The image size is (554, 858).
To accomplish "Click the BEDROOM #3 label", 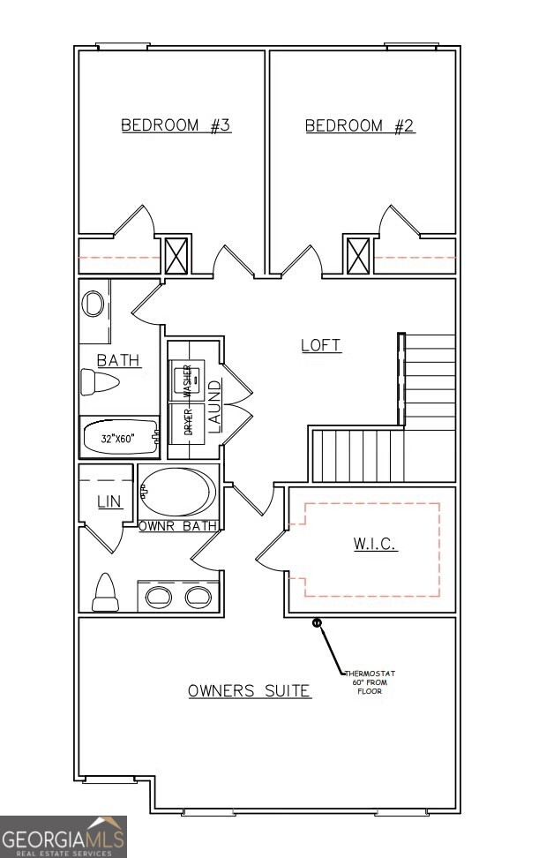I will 176,125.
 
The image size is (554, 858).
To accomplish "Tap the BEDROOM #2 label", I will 360,125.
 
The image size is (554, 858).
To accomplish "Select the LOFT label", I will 321,345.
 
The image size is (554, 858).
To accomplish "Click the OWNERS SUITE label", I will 250,690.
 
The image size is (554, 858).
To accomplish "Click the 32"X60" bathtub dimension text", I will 117,437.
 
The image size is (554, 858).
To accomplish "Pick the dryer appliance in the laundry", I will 186,421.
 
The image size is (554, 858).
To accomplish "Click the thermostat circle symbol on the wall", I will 318,623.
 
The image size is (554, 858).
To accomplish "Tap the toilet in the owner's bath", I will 105,592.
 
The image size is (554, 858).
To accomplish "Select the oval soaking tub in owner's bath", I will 177,493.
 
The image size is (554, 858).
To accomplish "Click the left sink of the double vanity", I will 159,597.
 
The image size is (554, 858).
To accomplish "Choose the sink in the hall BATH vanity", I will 93,305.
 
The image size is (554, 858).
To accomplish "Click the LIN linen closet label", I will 109,501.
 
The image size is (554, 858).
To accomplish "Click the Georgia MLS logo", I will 63,836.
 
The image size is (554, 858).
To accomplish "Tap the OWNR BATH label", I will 177,525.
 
